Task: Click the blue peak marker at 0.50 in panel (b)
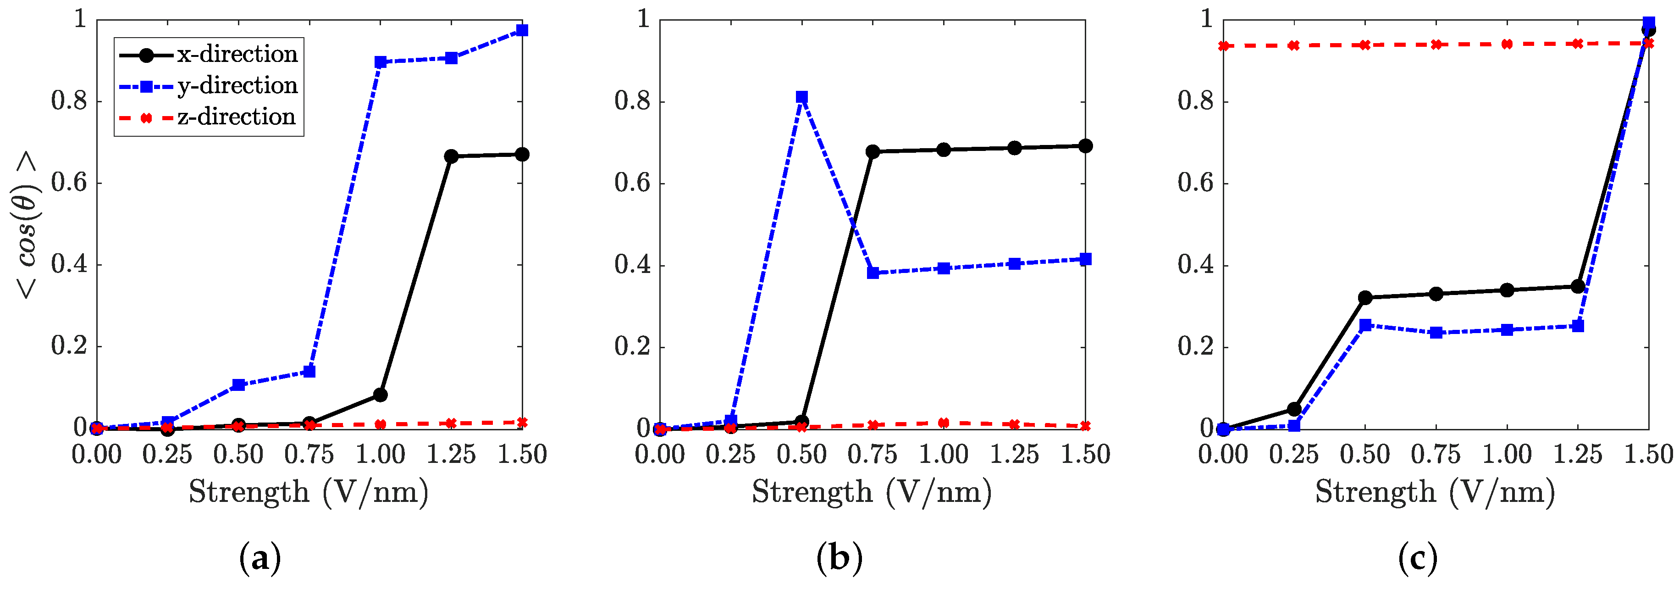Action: [x=802, y=97]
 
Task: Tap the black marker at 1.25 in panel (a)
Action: [x=451, y=156]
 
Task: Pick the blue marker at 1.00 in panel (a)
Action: [x=381, y=62]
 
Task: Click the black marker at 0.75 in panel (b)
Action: [x=873, y=152]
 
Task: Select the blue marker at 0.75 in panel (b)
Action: [x=873, y=273]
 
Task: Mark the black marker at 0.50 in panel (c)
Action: [x=1365, y=298]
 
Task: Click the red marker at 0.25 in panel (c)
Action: [x=1294, y=45]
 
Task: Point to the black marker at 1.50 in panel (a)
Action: [x=522, y=155]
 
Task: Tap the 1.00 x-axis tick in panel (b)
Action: [x=943, y=454]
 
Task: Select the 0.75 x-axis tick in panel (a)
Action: [x=309, y=454]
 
